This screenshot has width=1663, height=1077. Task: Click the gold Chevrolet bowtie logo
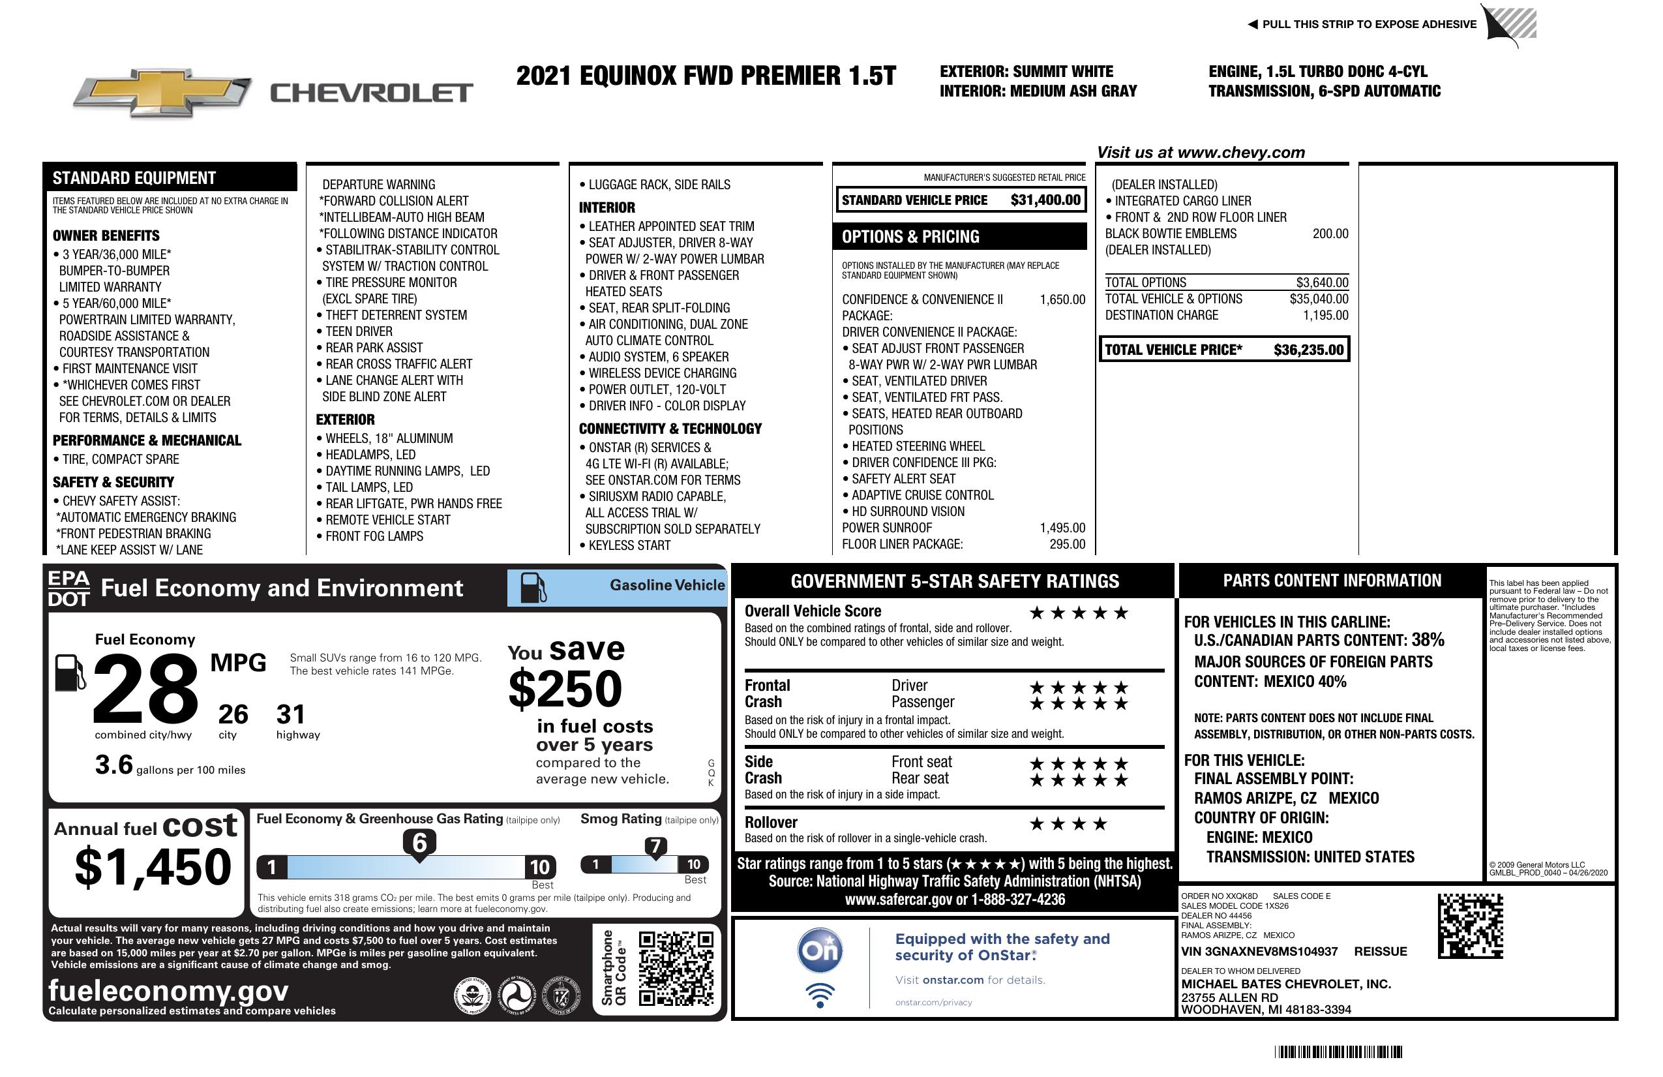click(162, 93)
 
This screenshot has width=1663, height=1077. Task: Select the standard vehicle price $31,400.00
click(1045, 200)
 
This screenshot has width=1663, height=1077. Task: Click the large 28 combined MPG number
click(145, 688)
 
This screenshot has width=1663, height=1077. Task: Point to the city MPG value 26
click(233, 714)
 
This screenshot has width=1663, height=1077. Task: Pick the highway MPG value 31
click(291, 714)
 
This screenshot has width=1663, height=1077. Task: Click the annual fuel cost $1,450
click(153, 867)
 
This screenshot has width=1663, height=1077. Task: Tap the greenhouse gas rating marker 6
click(419, 843)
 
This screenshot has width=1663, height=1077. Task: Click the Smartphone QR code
click(676, 968)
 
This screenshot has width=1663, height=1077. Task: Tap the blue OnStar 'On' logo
click(820, 950)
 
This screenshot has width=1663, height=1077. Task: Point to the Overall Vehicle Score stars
click(1079, 613)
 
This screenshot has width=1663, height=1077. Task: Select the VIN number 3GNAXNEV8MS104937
click(1259, 951)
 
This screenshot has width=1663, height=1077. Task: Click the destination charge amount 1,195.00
click(1325, 315)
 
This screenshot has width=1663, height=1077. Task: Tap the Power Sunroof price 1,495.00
click(1062, 528)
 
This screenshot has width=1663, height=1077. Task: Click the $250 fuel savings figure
click(565, 688)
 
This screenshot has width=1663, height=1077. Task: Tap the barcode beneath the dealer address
click(1338, 1052)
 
